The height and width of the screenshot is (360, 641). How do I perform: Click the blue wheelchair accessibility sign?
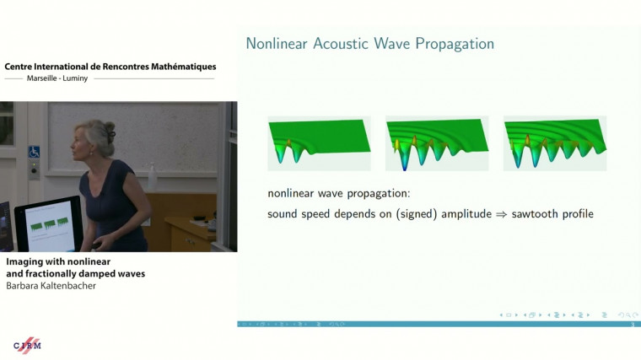point(35,152)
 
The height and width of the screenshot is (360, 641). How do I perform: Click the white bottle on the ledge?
point(154,178)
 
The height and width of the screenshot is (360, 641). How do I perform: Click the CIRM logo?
point(27,345)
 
